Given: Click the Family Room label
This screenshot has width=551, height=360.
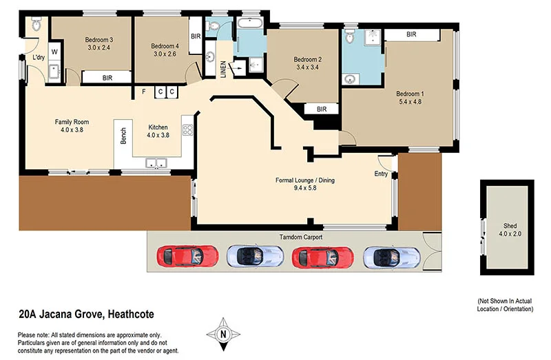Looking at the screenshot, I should coord(72,125).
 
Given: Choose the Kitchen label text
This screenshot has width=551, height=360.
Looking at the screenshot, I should coord(158,131).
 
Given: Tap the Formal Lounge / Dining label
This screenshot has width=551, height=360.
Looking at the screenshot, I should coord(305,184).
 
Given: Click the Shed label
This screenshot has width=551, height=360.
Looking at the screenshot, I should coord(509,229).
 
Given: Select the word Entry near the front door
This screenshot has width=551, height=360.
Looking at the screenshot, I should coord(381,173).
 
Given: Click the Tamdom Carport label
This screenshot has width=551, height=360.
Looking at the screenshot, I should coord(300,237).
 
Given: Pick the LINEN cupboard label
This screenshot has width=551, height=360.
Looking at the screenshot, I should coord(222,68).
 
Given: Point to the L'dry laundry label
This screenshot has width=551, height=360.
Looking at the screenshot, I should coord(39,58).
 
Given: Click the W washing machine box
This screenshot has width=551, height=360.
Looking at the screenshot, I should coord(54,52).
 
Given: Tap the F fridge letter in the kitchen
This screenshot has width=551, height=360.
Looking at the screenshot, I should coord(143,92).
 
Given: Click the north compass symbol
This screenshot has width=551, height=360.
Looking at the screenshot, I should coord(222,334).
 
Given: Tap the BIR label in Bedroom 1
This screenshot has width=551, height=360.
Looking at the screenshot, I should coord(411,34).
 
